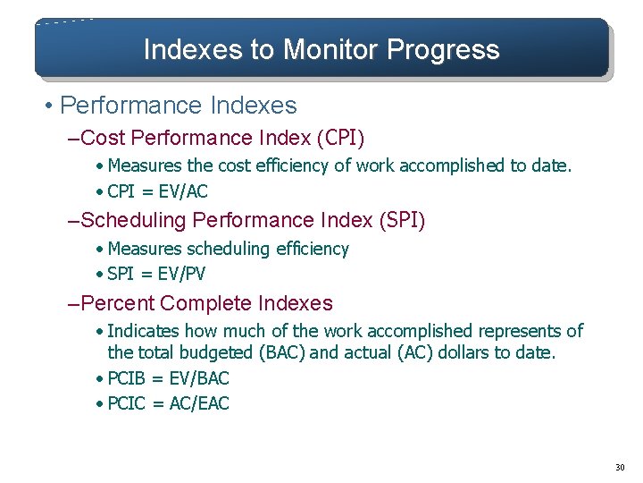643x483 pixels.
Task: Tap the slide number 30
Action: (621, 468)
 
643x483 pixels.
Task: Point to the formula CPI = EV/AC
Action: (157, 191)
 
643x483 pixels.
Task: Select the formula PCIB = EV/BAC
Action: (168, 378)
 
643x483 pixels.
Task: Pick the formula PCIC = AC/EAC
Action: (168, 403)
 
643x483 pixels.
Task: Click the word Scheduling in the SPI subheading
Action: (134, 219)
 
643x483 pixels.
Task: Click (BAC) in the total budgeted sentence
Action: (280, 352)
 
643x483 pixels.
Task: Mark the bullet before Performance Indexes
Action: (49, 106)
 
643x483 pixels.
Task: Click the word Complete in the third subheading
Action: (203, 303)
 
